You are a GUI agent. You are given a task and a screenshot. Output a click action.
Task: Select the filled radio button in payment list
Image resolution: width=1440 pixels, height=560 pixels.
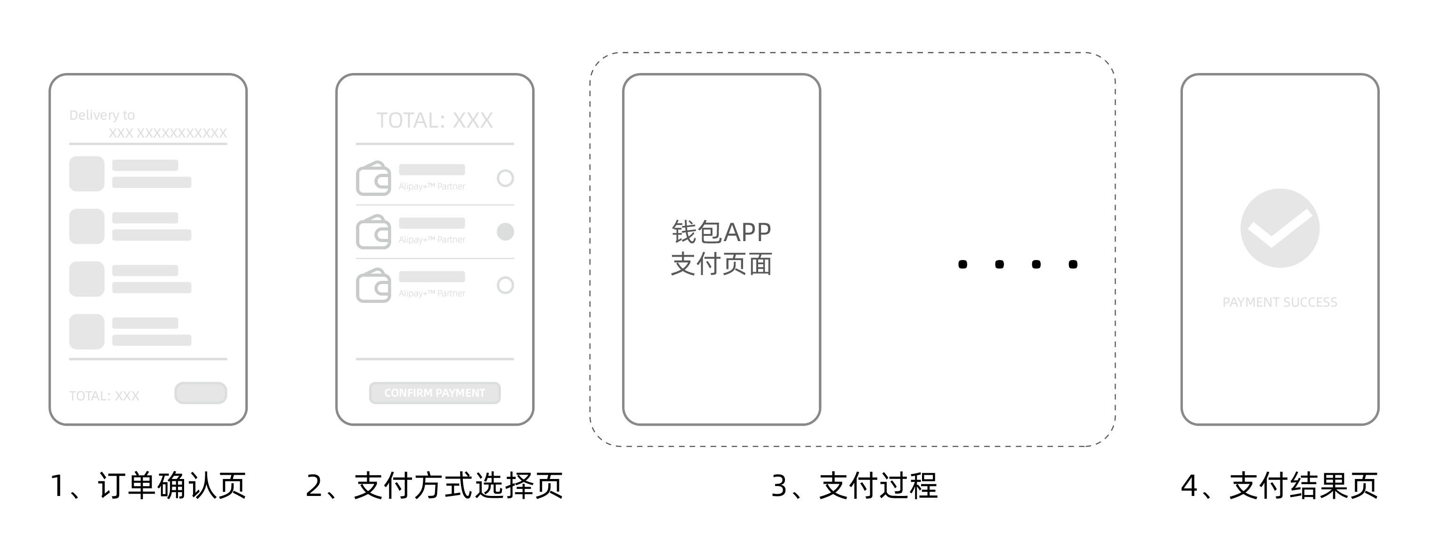(x=505, y=231)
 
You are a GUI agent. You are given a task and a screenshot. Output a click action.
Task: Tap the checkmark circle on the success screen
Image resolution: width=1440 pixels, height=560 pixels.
(x=1279, y=228)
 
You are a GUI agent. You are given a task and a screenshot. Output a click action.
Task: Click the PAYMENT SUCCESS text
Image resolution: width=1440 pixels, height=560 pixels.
(x=1279, y=302)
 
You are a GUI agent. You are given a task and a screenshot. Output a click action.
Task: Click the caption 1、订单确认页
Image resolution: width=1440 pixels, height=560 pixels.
(x=148, y=485)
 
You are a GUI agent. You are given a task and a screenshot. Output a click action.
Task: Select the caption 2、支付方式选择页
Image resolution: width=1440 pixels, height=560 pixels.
(x=434, y=485)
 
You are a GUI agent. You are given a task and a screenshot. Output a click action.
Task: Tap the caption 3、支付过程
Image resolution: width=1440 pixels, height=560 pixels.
(x=854, y=485)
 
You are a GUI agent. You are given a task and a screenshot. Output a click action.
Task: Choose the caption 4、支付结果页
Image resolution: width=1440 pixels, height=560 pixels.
(x=1279, y=485)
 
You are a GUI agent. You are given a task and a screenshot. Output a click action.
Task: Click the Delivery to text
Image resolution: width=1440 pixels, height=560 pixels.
(x=102, y=115)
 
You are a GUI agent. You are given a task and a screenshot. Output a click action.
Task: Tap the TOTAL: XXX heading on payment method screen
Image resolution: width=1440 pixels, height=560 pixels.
(x=434, y=120)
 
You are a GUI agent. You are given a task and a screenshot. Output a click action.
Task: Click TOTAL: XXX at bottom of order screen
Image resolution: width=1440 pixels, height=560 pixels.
(x=104, y=396)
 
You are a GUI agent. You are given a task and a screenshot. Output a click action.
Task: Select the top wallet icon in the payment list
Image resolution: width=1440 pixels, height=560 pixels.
(x=373, y=179)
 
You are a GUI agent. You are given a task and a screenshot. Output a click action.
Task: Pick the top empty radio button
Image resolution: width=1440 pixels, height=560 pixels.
(x=505, y=179)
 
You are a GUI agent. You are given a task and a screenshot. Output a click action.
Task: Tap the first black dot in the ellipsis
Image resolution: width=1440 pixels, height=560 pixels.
(x=963, y=264)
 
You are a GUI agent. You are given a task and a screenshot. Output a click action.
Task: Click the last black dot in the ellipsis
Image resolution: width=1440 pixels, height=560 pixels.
(x=1073, y=264)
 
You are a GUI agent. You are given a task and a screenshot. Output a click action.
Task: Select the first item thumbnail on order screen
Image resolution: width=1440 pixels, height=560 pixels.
(x=87, y=174)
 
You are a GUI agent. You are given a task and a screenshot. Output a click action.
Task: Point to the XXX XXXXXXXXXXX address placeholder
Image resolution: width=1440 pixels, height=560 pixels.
(x=168, y=133)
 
